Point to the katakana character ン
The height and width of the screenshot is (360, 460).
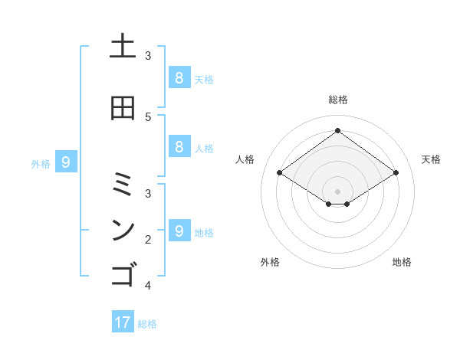(123, 230)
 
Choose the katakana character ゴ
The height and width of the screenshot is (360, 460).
(123, 273)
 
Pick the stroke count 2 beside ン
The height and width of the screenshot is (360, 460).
(148, 240)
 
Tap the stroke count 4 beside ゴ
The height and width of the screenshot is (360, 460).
(148, 286)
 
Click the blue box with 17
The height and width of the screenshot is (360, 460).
(123, 322)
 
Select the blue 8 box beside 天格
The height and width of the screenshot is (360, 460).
(179, 78)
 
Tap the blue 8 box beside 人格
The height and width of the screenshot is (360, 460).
(179, 147)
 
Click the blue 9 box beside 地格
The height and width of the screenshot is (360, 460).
(179, 231)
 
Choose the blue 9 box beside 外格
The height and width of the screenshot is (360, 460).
(66, 162)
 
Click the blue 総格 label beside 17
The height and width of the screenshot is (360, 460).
(147, 324)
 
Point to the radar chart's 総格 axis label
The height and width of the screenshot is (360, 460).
(337, 100)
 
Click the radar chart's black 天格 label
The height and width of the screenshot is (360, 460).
(431, 159)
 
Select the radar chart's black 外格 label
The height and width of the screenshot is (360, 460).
(269, 262)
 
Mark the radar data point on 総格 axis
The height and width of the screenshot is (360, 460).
(337, 131)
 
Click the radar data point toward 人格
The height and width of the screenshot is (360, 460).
(279, 173)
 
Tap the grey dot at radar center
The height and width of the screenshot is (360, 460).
(337, 191)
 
